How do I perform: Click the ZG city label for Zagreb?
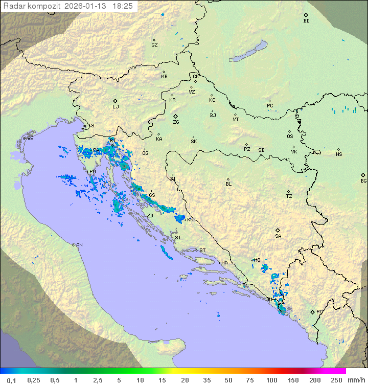[176, 123]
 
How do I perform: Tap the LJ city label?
[116, 107]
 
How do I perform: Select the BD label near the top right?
[306, 21]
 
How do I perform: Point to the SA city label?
[278, 236]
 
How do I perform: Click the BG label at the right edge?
[363, 181]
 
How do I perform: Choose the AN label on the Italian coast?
[79, 245]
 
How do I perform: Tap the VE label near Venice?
[30, 139]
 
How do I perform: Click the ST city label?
[202, 251]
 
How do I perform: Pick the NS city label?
[339, 154]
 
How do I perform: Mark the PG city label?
[319, 312]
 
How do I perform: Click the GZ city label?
[154, 45]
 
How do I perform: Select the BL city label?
[228, 184]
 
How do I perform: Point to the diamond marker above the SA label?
[278, 230]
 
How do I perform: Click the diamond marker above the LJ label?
[116, 101]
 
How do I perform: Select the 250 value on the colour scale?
[336, 380]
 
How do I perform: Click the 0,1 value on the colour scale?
[11, 380]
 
